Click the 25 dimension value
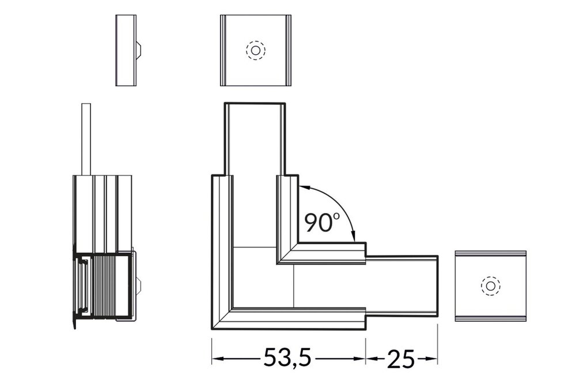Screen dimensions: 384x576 (x=401, y=358)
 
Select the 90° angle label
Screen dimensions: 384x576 (x=319, y=222)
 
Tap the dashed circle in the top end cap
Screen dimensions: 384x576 (x=255, y=50)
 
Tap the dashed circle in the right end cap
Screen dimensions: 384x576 (x=491, y=286)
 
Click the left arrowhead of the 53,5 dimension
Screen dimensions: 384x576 (x=217, y=359)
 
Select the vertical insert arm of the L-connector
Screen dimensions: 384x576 (x=255, y=138)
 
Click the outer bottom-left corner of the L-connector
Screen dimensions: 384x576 (x=213, y=329)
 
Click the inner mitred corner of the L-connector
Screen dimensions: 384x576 (x=279, y=262)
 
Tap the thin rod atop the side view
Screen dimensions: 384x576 (x=86, y=138)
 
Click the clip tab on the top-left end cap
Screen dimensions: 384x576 (x=139, y=50)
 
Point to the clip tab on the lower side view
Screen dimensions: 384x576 (x=138, y=285)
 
